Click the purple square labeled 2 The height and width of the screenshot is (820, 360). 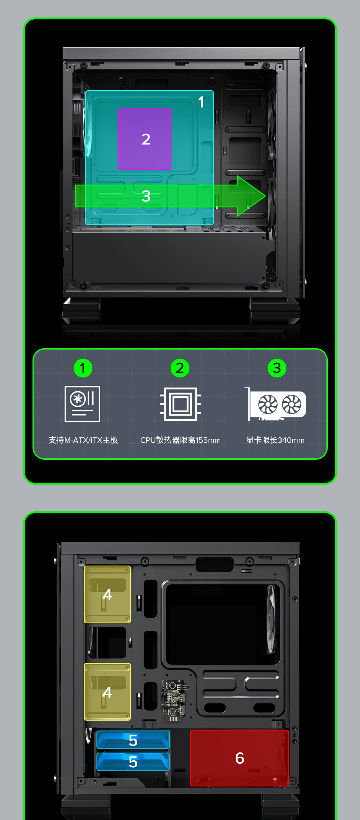coord(145,139)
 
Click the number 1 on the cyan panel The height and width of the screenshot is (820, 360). coord(201,102)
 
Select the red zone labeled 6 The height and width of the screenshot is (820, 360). coord(239,758)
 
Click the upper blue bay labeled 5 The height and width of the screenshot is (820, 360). coord(133,740)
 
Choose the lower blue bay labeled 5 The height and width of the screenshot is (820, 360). coord(133,761)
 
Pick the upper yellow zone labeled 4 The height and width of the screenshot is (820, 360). coord(107,594)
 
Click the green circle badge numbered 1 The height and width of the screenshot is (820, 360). coord(83,368)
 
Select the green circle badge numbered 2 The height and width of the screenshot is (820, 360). coord(180,368)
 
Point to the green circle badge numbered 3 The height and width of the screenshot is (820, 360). coord(277,368)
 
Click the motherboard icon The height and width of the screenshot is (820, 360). coord(82,404)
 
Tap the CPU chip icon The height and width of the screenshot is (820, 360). coord(180,404)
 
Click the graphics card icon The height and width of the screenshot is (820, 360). coord(275,404)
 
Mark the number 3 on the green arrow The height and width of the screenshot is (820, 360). coord(146,196)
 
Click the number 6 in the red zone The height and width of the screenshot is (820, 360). coord(240,758)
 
